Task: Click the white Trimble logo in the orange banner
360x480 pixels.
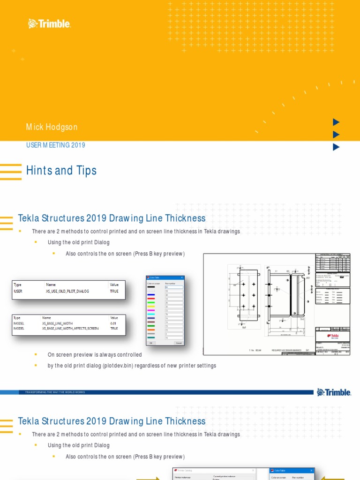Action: click(49, 23)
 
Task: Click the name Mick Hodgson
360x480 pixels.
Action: click(52, 127)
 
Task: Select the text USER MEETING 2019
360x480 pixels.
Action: click(55, 145)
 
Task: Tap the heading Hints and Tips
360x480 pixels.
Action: click(61, 171)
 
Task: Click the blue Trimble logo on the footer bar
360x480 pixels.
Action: click(334, 392)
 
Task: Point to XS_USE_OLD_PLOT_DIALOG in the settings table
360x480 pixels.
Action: click(67, 291)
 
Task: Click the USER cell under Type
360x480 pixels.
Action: click(18, 291)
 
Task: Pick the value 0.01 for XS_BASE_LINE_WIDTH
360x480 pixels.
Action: click(113, 323)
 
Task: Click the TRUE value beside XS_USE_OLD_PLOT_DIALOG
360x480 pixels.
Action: click(114, 291)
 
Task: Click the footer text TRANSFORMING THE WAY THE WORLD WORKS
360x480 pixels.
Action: click(52, 392)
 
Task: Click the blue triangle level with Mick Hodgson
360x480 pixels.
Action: click(336, 122)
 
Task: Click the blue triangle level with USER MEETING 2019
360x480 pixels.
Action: click(336, 147)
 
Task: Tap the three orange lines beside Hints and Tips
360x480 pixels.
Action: click(10, 172)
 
